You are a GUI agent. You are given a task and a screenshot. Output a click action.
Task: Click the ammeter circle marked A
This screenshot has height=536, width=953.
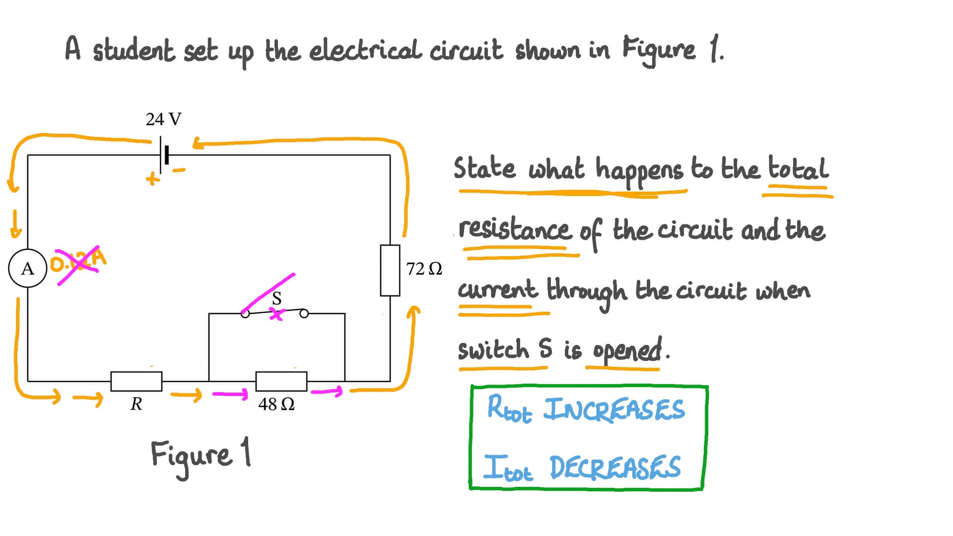click(28, 268)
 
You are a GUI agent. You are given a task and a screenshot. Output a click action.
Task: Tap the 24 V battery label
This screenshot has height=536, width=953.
click(163, 119)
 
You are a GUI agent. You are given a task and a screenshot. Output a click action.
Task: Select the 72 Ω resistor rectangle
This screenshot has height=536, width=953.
click(390, 270)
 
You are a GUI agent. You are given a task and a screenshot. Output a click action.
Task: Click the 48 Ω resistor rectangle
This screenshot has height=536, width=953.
click(281, 381)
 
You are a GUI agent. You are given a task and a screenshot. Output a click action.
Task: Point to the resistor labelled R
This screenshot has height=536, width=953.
click(136, 381)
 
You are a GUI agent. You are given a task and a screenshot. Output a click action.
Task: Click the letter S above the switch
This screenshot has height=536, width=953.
click(276, 298)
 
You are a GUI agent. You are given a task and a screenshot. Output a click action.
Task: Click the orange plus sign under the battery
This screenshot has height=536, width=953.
click(153, 179)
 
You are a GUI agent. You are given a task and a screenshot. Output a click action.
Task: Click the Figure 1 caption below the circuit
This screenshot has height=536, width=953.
click(201, 455)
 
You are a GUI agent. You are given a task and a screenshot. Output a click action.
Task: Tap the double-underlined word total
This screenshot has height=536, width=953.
click(798, 169)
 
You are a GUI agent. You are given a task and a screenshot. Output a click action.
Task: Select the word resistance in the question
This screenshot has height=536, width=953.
click(514, 230)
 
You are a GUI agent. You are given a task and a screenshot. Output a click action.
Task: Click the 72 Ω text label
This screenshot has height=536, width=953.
click(423, 269)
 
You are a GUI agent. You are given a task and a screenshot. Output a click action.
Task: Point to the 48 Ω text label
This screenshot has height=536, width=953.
click(276, 404)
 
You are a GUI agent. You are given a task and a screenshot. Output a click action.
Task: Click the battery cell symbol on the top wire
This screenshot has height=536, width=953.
click(164, 155)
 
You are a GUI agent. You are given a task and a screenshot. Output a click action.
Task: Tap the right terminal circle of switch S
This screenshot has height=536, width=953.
click(304, 313)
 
